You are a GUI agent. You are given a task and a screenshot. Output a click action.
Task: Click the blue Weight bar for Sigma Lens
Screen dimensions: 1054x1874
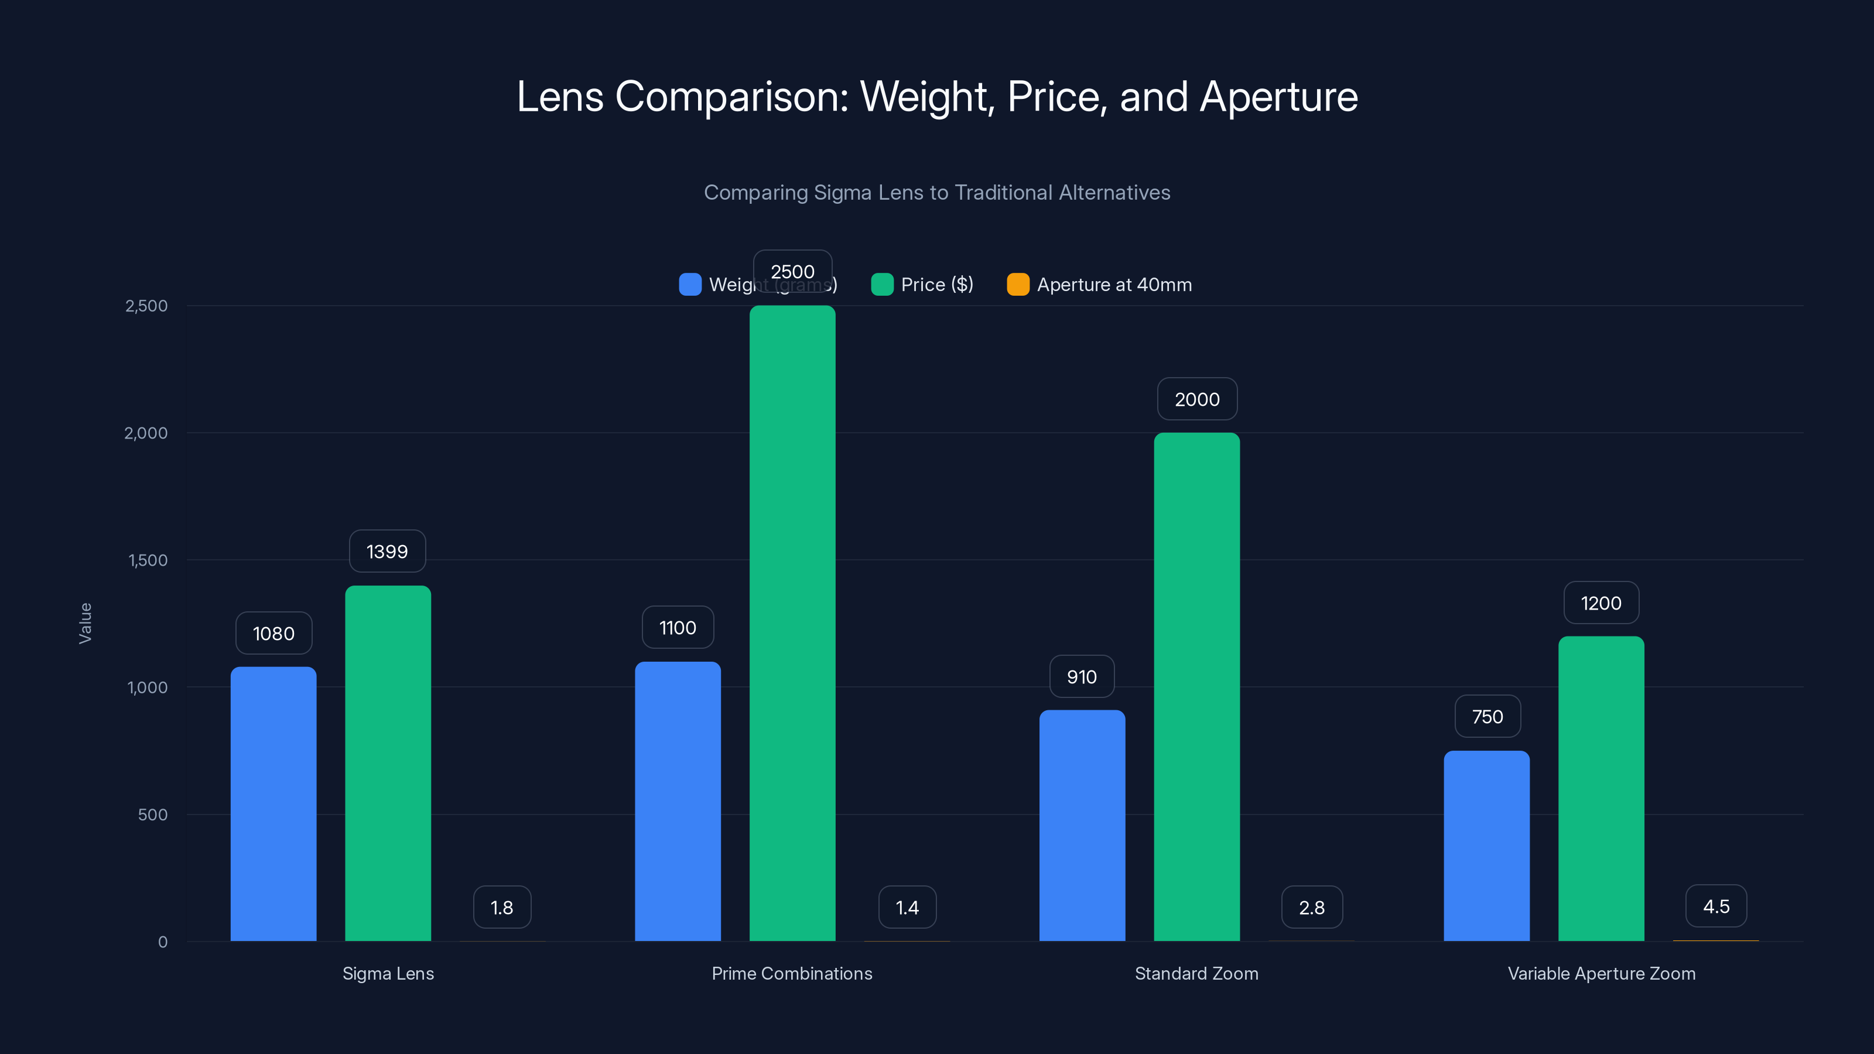[x=273, y=804]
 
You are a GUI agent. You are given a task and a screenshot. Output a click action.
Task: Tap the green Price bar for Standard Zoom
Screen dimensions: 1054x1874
[x=1196, y=687]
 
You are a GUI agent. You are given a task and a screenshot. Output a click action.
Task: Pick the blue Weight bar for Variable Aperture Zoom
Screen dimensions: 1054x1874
[x=1486, y=846]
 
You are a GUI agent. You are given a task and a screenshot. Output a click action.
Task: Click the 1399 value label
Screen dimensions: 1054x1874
[x=387, y=552]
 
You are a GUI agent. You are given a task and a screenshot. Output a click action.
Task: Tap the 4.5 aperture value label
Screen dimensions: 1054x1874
[x=1716, y=906]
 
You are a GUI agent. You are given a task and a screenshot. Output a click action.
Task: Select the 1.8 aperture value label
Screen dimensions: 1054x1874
[x=502, y=907]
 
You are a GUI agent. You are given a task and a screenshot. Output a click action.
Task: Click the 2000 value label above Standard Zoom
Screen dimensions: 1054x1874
[x=1196, y=399]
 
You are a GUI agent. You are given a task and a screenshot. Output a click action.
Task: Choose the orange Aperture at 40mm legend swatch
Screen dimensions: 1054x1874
[x=1018, y=285]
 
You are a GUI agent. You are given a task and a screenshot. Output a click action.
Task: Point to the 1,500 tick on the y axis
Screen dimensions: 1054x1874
[x=148, y=560]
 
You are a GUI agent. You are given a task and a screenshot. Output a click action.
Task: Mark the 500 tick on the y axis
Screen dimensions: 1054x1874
[x=153, y=815]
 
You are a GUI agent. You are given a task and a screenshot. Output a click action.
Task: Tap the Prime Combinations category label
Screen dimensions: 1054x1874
[x=792, y=973]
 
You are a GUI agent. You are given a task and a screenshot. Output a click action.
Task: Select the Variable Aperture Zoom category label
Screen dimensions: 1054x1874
[x=1601, y=973]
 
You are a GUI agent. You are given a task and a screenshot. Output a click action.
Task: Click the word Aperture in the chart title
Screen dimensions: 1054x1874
[x=1278, y=97]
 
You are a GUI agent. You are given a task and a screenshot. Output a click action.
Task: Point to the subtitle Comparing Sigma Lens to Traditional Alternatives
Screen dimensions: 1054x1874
[x=937, y=192]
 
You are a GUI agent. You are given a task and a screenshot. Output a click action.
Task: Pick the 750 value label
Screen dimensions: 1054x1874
[x=1487, y=717]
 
